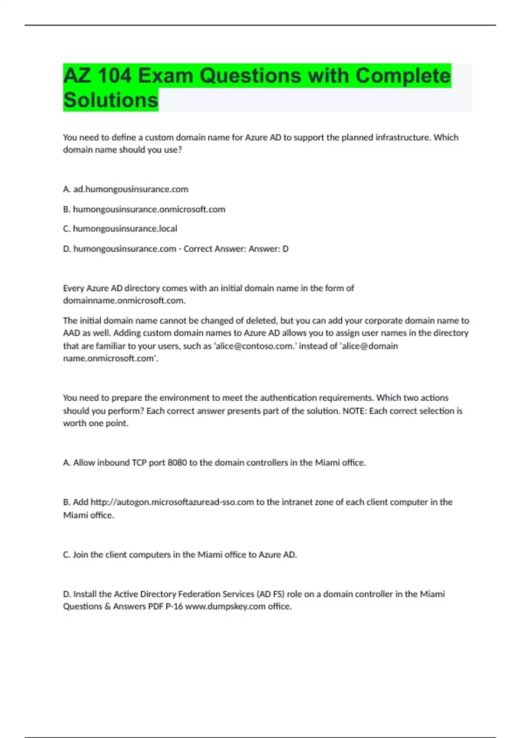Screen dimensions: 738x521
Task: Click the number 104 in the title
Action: [x=114, y=76]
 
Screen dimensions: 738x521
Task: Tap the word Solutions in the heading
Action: [x=111, y=100]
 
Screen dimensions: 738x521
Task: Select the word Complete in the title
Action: [x=403, y=76]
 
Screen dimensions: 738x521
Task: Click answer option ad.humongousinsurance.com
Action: [x=131, y=189]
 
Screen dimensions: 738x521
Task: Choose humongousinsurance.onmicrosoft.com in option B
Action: [x=149, y=209]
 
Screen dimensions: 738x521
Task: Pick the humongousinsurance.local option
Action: [x=125, y=228]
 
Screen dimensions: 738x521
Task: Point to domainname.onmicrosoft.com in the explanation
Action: [x=124, y=300]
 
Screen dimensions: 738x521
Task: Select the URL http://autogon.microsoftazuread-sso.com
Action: [x=172, y=502]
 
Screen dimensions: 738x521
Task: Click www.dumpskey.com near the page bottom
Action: [x=225, y=606]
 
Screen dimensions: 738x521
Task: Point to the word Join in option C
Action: [x=81, y=554]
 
